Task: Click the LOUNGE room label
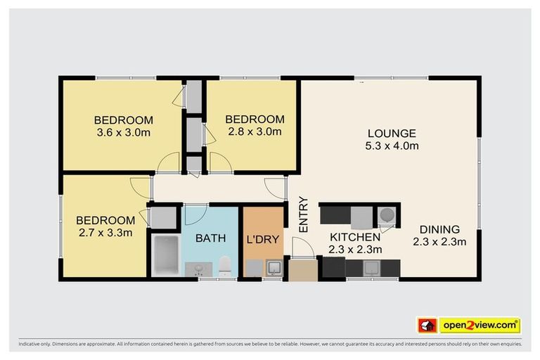(392, 134)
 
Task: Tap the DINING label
(439, 229)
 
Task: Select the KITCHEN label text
(355, 237)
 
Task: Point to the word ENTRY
(303, 214)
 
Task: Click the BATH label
(210, 238)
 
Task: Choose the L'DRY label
(263, 240)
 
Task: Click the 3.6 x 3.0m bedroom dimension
(124, 133)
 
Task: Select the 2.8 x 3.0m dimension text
(255, 131)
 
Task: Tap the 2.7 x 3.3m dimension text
(105, 233)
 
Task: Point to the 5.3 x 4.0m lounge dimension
(392, 146)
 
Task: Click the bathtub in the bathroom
(166, 255)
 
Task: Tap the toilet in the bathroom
(225, 266)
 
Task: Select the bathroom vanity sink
(199, 269)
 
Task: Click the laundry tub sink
(274, 269)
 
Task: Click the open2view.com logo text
(480, 326)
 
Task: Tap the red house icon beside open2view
(427, 326)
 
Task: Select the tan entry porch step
(303, 271)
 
